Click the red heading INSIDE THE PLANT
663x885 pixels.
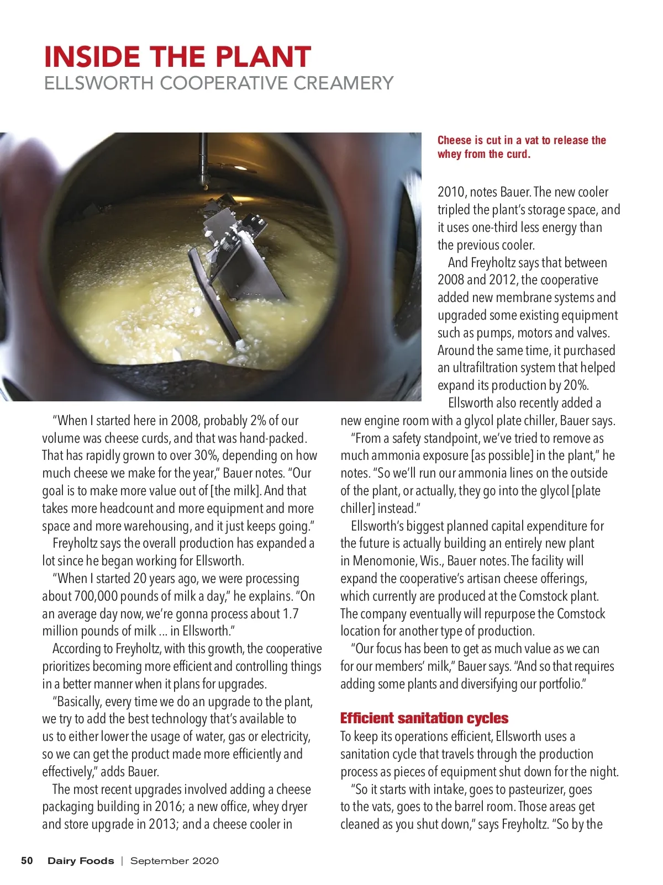177,57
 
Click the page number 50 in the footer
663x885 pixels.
27,860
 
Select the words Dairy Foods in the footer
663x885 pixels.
81,860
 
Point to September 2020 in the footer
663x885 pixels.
174,860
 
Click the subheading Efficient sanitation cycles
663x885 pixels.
424,718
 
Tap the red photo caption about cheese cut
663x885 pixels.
521,147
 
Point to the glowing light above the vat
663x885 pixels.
241,167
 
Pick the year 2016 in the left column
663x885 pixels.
168,807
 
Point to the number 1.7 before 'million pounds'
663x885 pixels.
290,614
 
